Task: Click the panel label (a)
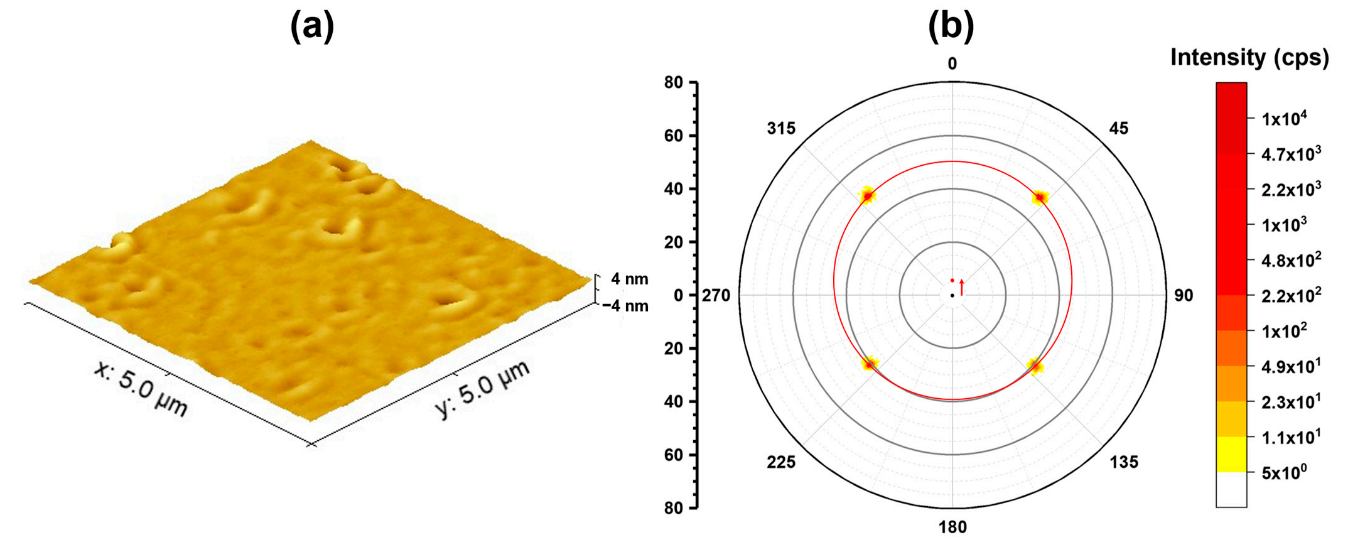point(312,28)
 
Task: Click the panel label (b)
point(951,28)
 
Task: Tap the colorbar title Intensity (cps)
point(1249,58)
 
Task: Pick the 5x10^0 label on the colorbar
point(1284,473)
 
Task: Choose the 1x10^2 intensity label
point(1284,331)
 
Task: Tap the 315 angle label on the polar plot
point(781,129)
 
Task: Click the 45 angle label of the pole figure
point(1119,129)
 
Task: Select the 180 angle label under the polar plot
point(952,528)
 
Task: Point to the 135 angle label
point(1124,463)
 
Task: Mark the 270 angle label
point(716,295)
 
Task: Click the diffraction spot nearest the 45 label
point(1040,198)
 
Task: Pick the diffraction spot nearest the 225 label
point(870,364)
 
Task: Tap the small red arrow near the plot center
point(961,287)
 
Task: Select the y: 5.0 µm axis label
point(482,389)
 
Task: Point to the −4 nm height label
point(625,306)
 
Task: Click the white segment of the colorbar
point(1231,489)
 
